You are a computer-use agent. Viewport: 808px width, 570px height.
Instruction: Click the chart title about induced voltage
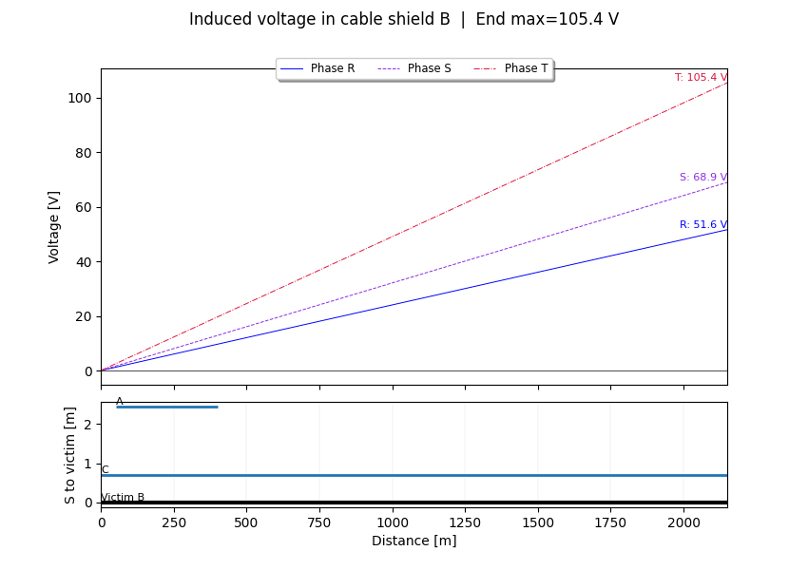[403, 19]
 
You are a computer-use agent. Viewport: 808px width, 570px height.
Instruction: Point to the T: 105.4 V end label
[701, 78]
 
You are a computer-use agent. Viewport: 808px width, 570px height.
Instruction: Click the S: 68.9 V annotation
[702, 178]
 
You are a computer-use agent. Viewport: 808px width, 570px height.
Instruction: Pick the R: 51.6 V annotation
[702, 225]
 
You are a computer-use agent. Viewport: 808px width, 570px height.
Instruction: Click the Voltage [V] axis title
[54, 227]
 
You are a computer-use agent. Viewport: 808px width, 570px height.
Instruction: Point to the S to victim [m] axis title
[70, 455]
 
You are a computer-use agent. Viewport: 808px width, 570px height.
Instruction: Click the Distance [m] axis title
[414, 541]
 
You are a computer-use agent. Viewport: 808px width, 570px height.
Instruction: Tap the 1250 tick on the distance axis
[465, 522]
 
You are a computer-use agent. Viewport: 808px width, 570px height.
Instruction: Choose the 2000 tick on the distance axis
[683, 522]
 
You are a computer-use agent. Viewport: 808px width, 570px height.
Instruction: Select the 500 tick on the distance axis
[247, 522]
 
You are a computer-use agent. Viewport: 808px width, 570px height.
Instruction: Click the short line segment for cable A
[167, 407]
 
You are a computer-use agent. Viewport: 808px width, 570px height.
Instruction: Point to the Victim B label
[123, 497]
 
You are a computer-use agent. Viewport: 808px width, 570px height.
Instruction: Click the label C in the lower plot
[105, 469]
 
